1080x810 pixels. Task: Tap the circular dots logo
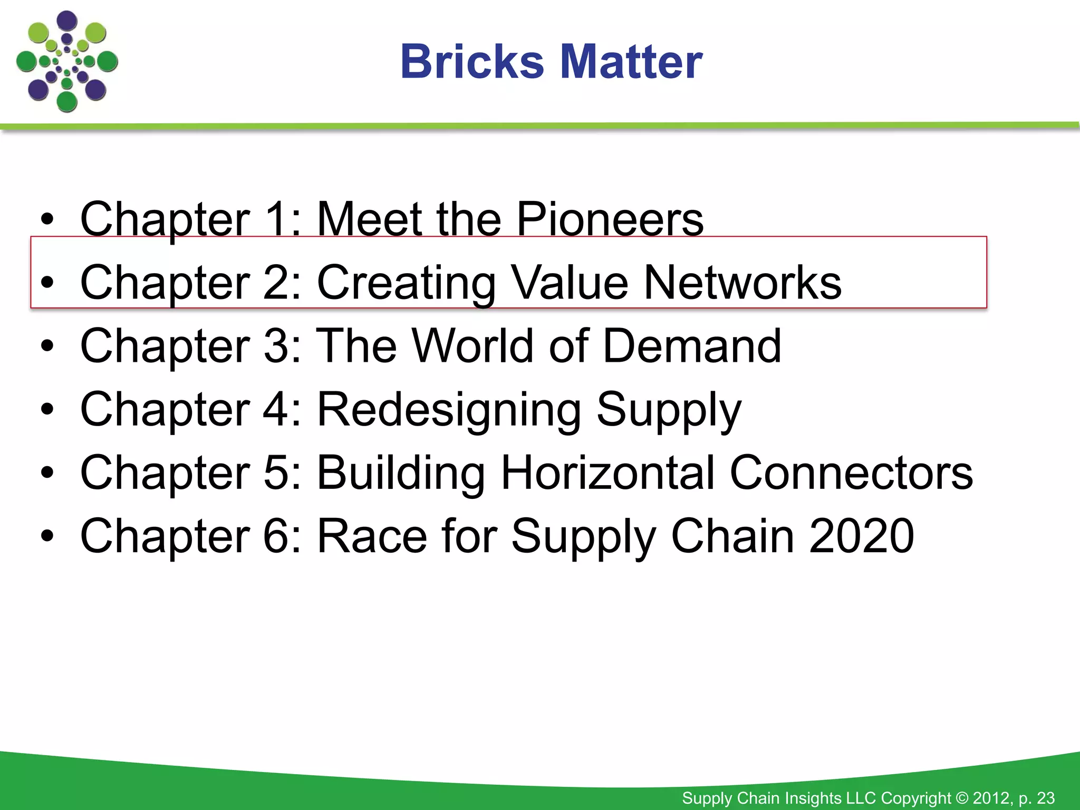(x=67, y=62)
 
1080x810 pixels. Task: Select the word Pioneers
(x=610, y=219)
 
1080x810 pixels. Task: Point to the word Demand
(x=691, y=346)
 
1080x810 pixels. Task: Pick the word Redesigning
(x=449, y=410)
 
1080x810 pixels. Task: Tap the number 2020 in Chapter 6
(x=861, y=536)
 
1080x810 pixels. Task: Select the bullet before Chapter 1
(x=47, y=220)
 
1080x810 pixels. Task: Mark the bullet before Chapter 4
(x=47, y=410)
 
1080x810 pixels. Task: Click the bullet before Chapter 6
(x=47, y=536)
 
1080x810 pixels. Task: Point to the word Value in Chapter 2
(x=571, y=283)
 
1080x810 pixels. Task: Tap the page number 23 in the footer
(x=1046, y=798)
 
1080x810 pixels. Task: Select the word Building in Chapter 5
(x=401, y=474)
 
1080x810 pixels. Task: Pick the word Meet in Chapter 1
(x=370, y=219)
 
